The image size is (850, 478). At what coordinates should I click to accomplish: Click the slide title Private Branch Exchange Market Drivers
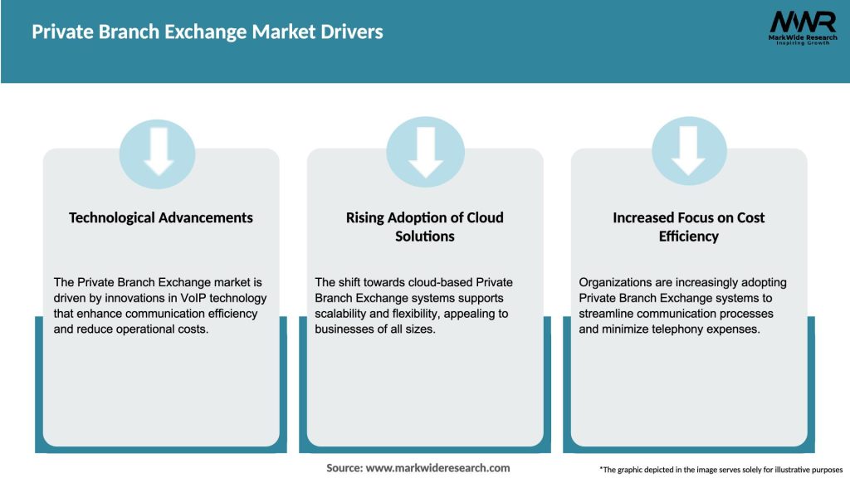click(208, 32)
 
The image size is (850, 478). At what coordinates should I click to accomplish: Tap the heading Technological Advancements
click(161, 217)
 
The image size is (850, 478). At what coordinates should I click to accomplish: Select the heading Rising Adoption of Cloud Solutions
click(425, 227)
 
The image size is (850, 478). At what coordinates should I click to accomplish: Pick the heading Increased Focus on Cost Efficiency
click(689, 227)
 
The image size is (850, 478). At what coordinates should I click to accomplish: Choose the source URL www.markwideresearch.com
click(437, 468)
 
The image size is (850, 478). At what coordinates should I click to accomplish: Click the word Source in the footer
click(344, 468)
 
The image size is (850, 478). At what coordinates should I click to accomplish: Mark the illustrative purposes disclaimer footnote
click(721, 469)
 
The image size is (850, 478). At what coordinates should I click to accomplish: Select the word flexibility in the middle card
click(419, 314)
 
